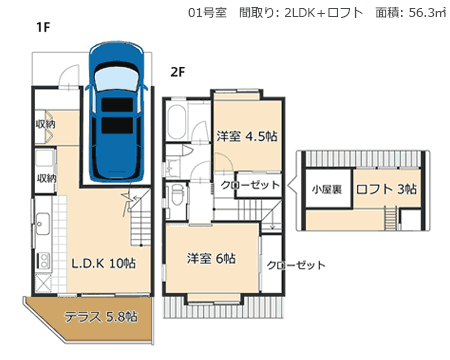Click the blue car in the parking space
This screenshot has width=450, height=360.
click(117, 112)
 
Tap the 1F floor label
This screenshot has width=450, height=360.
click(43, 27)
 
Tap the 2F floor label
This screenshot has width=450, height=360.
click(178, 72)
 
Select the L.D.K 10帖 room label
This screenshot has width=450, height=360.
click(104, 263)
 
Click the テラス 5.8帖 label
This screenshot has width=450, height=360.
click(100, 317)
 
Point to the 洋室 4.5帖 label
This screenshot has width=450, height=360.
click(247, 136)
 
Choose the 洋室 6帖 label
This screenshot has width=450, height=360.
click(211, 258)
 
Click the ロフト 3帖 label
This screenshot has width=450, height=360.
click(386, 189)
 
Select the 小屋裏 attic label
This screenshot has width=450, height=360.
click(327, 190)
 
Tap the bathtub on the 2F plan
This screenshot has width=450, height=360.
click(176, 122)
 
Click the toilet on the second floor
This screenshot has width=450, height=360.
click(177, 196)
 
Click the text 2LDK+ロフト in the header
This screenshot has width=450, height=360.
click(324, 13)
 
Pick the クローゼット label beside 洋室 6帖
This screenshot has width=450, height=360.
click(296, 265)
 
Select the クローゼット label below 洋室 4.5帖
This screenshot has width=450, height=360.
click(250, 185)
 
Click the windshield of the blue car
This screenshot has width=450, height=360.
click(116, 79)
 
